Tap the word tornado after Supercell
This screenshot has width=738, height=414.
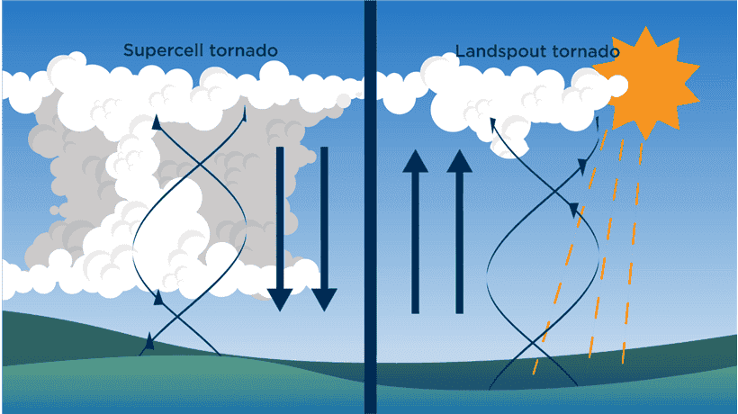click(237, 51)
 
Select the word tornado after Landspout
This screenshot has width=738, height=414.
click(575, 51)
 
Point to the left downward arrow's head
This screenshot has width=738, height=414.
click(280, 300)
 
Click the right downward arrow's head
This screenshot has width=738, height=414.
click(324, 300)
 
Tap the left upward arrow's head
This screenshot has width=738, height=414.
click(415, 162)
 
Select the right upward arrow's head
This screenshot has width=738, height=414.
click(460, 162)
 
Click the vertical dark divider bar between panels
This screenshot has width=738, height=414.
click(369, 207)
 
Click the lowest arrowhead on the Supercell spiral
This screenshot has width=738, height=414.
click(149, 340)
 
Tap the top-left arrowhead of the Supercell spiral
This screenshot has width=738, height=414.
click(157, 122)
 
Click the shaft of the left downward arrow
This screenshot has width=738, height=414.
click(280, 216)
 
